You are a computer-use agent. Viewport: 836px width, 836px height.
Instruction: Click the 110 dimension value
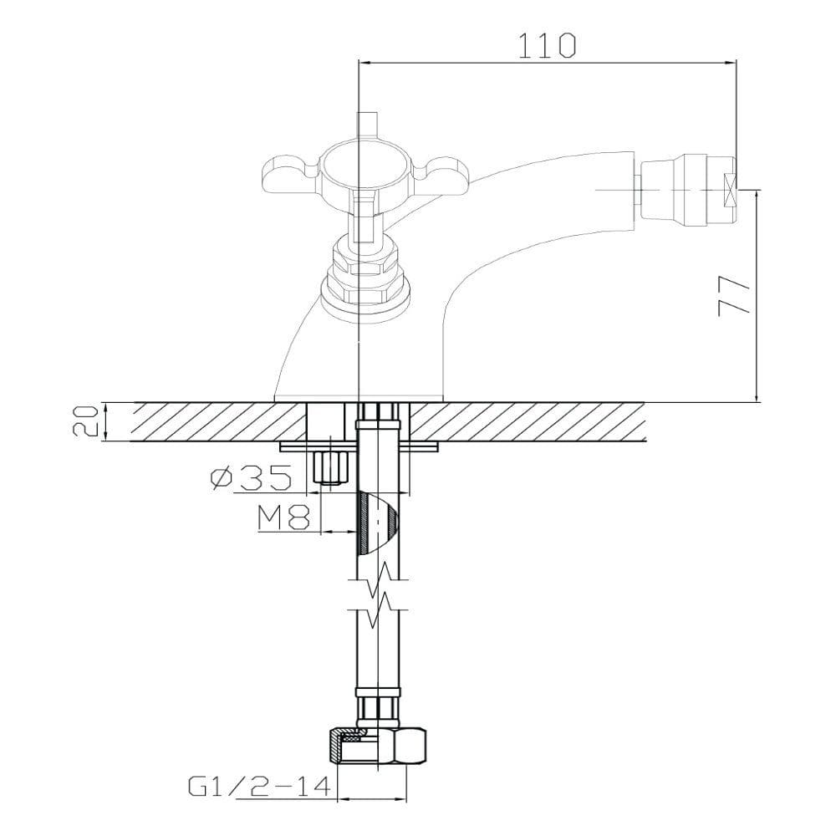(547, 45)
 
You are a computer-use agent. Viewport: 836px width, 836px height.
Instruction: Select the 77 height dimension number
(734, 297)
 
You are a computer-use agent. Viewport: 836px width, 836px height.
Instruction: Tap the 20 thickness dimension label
(85, 421)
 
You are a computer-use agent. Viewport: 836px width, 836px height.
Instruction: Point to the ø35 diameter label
(252, 477)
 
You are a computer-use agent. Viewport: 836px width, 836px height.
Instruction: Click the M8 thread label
(284, 517)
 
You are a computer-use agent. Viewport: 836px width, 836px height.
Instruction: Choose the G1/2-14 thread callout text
(260, 787)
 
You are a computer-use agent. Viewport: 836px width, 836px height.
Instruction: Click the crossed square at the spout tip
(728, 190)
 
